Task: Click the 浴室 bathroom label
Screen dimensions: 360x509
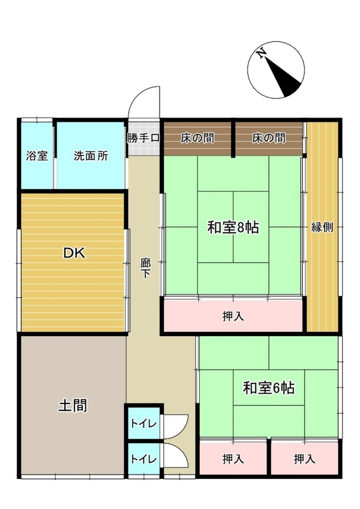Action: coord(37,156)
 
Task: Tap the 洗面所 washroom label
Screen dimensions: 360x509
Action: coord(91,156)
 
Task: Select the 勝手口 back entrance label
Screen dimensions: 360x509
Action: coord(143,138)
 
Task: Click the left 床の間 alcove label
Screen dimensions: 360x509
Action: coord(197,138)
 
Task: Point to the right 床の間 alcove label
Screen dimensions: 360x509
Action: coord(269,138)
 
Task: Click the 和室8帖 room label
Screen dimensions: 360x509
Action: coord(233,227)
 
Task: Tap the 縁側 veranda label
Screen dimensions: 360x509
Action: coord(322,227)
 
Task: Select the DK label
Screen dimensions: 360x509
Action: coord(74,253)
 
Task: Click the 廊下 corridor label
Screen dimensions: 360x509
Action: coord(145,268)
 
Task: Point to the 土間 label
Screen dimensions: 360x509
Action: coord(73,405)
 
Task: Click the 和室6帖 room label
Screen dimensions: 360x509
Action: coord(269,388)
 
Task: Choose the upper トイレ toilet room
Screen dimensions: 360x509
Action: coord(143,423)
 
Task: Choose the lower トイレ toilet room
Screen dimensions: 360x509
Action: coord(143,459)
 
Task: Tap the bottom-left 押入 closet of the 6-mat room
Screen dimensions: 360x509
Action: coord(233,459)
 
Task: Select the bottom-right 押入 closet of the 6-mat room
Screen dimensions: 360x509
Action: coord(304,459)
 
